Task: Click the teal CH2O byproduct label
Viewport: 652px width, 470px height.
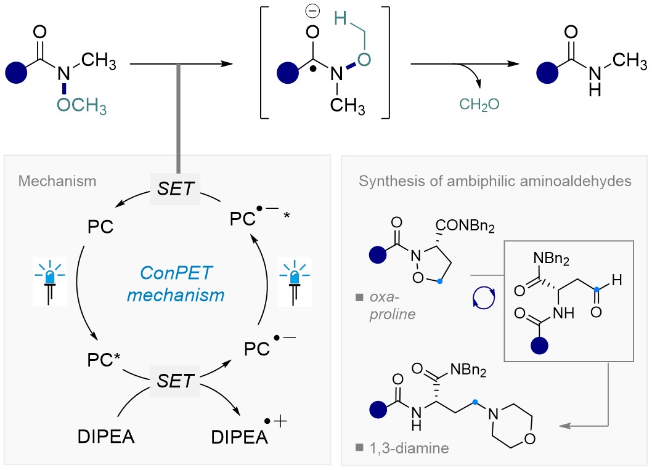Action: click(x=478, y=105)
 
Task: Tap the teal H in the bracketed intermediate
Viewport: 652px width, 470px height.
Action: click(x=338, y=20)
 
